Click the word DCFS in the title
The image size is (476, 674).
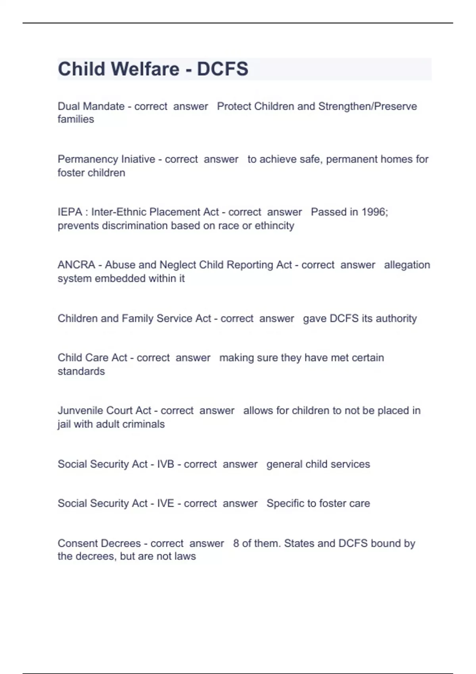(x=223, y=69)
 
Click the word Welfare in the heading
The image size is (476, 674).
(x=145, y=69)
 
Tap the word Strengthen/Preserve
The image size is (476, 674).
(x=367, y=106)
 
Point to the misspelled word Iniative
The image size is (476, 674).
(x=138, y=159)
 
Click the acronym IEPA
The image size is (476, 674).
(x=70, y=212)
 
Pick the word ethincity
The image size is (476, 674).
(x=274, y=226)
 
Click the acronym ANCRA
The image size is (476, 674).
(x=76, y=264)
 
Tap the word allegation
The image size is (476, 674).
(x=407, y=264)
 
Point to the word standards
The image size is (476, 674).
(x=81, y=371)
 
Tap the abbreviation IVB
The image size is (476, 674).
(x=165, y=464)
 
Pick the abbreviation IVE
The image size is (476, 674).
(x=165, y=503)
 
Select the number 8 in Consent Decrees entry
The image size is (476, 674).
(x=236, y=543)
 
